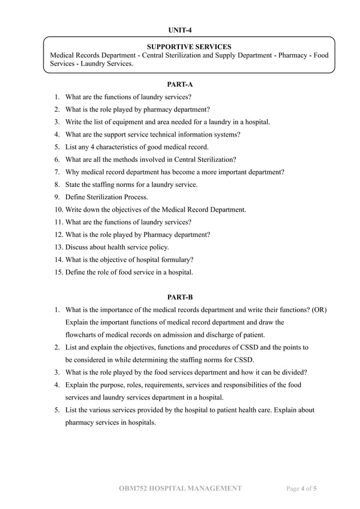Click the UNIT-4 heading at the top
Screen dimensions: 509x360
tap(180, 30)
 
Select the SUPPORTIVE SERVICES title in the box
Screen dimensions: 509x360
tap(188, 46)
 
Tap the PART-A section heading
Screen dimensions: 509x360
tap(180, 84)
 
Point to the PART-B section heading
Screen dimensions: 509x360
tap(180, 297)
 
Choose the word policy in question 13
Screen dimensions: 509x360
tap(157, 247)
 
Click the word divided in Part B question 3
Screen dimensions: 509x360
tap(293, 372)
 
